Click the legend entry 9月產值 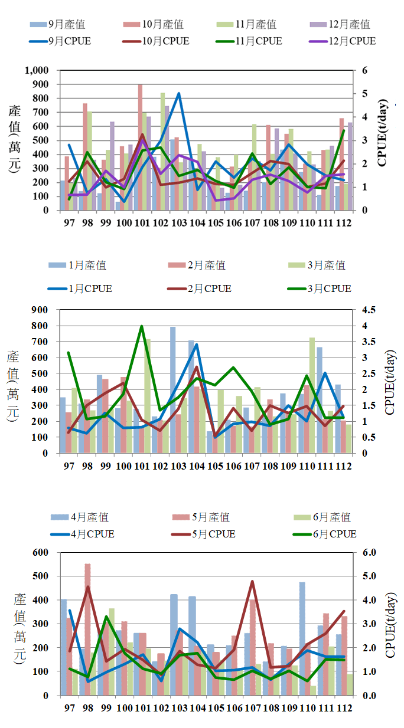(57, 25)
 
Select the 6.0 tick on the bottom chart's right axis (366, 553)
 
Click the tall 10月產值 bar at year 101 (140, 147)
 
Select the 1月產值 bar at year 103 (173, 390)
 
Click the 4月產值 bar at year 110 (302, 638)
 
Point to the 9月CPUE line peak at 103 (178, 93)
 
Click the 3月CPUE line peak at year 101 (142, 326)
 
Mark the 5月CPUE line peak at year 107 (252, 581)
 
